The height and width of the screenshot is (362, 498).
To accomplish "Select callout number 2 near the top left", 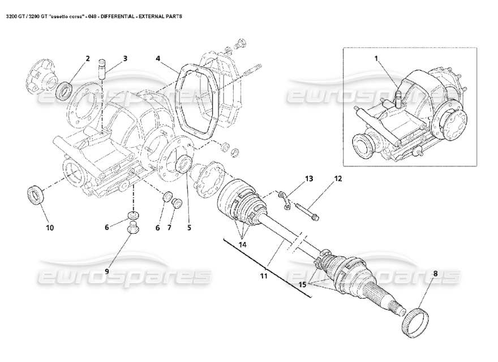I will click(88, 58).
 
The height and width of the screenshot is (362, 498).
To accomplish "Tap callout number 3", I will click(124, 58).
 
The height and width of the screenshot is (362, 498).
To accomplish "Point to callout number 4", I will click(158, 58).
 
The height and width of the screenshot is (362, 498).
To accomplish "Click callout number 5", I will click(189, 228).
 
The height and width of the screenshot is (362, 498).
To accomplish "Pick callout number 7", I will click(169, 228).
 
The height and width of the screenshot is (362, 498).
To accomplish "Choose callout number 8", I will click(435, 274).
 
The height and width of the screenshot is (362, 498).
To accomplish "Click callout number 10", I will click(49, 228).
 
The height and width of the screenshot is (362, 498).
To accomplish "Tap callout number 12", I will click(338, 179).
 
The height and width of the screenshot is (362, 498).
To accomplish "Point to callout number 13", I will click(309, 179).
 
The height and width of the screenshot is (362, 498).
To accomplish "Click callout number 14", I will click(243, 245).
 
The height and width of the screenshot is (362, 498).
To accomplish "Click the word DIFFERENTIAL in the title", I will click(117, 17).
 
